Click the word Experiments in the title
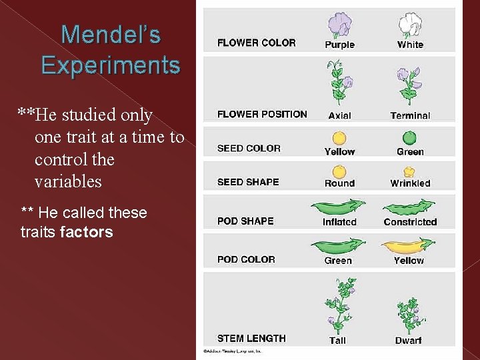click(x=110, y=65)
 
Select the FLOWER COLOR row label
click(x=256, y=43)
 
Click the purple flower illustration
click(x=340, y=25)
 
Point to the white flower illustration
click(x=410, y=25)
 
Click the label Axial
click(x=340, y=115)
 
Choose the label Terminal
click(x=410, y=115)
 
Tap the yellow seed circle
click(x=339, y=138)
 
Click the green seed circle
click(x=410, y=138)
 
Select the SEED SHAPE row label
click(x=248, y=182)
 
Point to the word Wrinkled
click(x=410, y=183)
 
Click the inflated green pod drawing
click(x=339, y=207)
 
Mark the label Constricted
click(x=410, y=222)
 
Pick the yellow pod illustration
click(x=408, y=247)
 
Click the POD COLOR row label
click(x=246, y=259)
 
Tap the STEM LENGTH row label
click(x=251, y=338)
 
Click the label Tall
click(x=338, y=341)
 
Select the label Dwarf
click(x=408, y=341)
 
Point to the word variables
click(x=68, y=181)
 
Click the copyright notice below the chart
click(x=233, y=351)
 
